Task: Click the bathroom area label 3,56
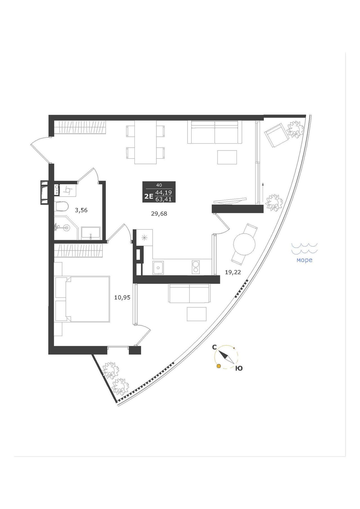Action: pyautogui.click(x=81, y=210)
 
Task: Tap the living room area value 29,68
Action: pyautogui.click(x=159, y=214)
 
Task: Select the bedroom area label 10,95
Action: pyautogui.click(x=122, y=297)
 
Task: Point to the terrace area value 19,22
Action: pyautogui.click(x=233, y=272)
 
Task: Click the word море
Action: pyautogui.click(x=305, y=260)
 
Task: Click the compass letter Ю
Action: pyautogui.click(x=239, y=368)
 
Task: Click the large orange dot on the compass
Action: pyautogui.click(x=218, y=366)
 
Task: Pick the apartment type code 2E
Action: pyautogui.click(x=148, y=196)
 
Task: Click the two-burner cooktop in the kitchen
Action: pyautogui.click(x=195, y=267)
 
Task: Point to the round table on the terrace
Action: pyautogui.click(x=244, y=244)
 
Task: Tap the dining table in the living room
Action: pyautogui.click(x=145, y=142)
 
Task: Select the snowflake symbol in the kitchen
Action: pyautogui.click(x=144, y=238)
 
